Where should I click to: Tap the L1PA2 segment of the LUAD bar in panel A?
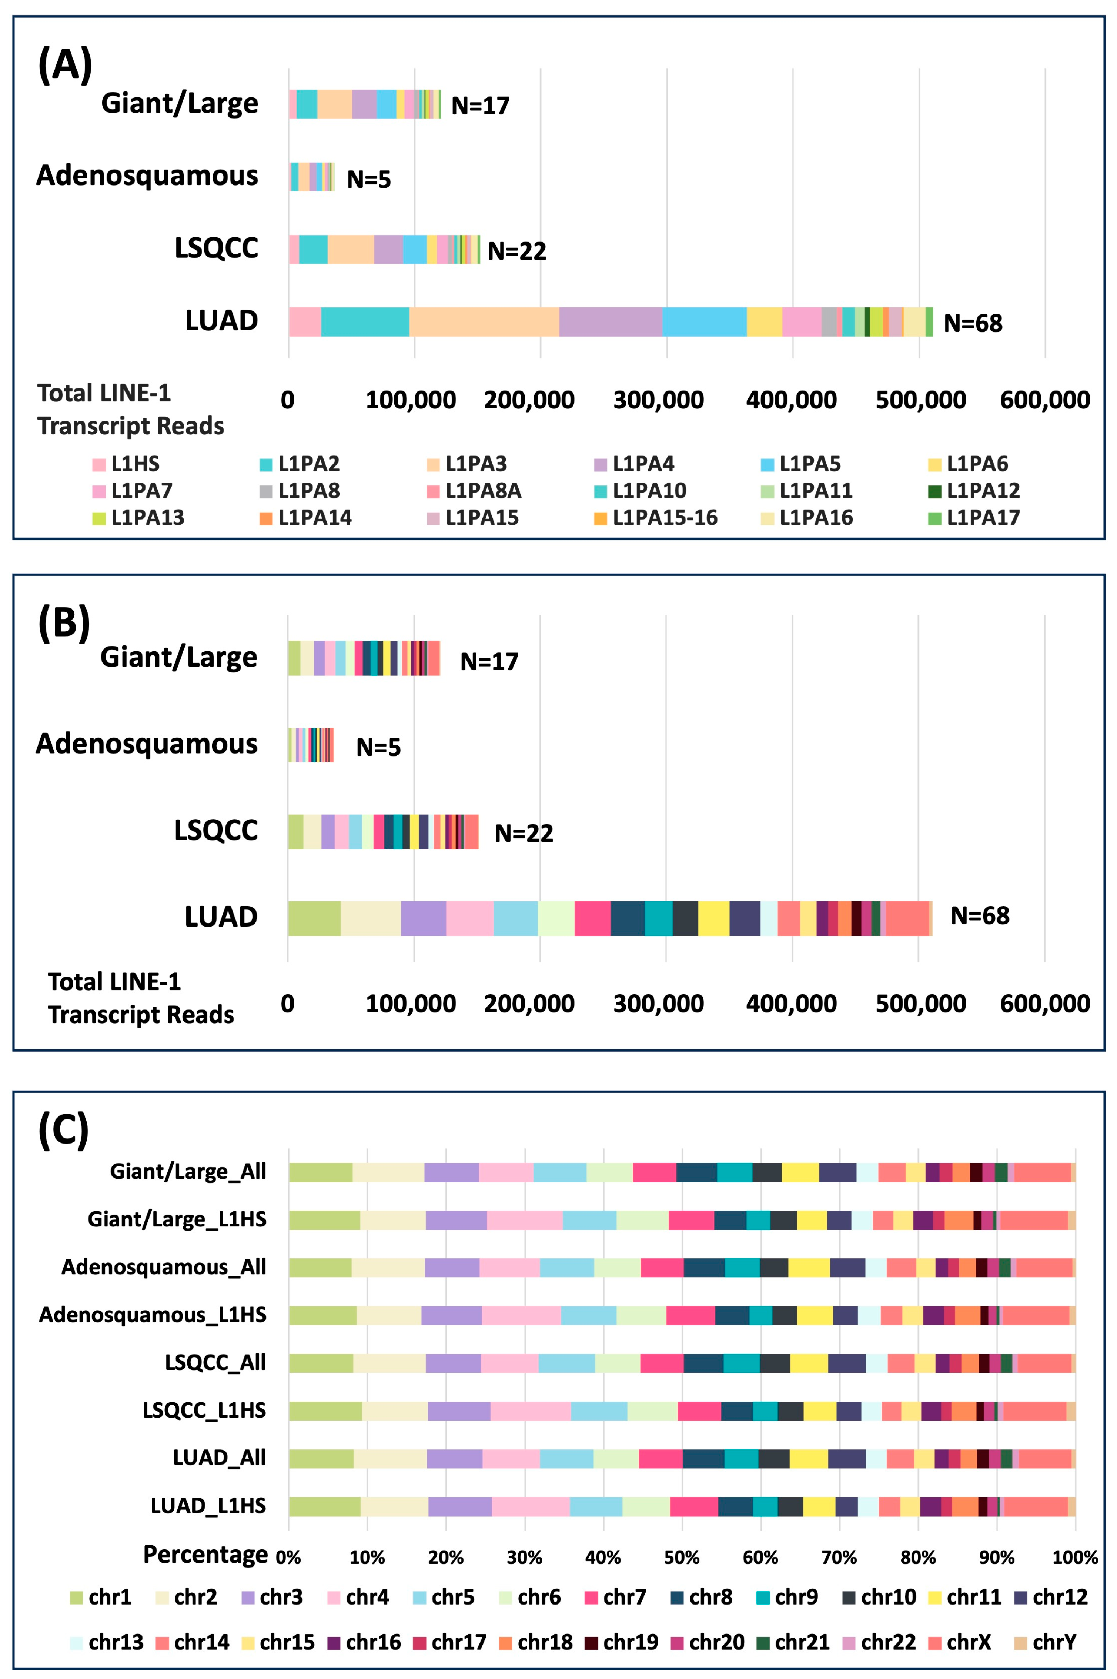click(365, 322)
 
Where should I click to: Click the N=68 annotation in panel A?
click(972, 323)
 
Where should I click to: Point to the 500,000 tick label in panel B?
click(920, 1004)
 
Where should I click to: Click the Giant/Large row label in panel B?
click(179, 657)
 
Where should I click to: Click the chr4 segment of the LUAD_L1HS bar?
click(530, 1506)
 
